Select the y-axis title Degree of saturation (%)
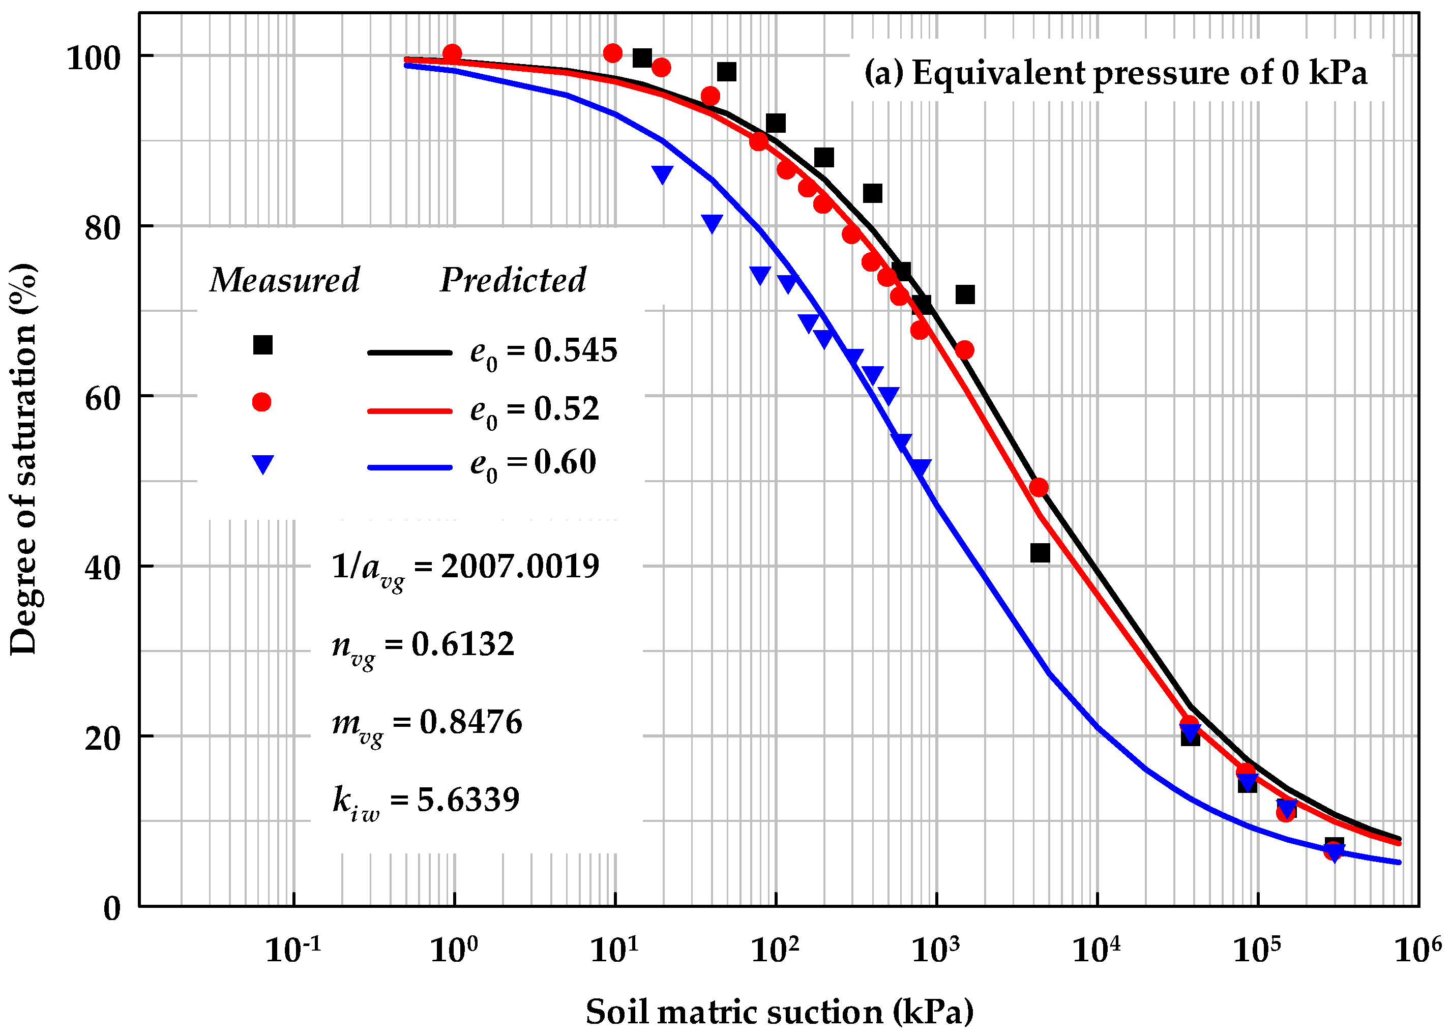click(x=24, y=458)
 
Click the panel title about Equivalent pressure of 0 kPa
click(x=1115, y=73)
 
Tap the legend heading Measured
click(x=285, y=280)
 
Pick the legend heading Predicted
click(x=513, y=280)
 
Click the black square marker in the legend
click(x=262, y=345)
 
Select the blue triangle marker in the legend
click(x=262, y=463)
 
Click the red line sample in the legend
click(x=409, y=411)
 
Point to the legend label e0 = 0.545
click(x=543, y=351)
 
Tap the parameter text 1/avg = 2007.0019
click(x=465, y=567)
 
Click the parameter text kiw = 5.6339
click(x=425, y=801)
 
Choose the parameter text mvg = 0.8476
click(x=427, y=723)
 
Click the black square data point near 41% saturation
click(x=1040, y=553)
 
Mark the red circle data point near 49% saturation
click(x=1039, y=488)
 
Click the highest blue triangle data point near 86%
click(x=662, y=174)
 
